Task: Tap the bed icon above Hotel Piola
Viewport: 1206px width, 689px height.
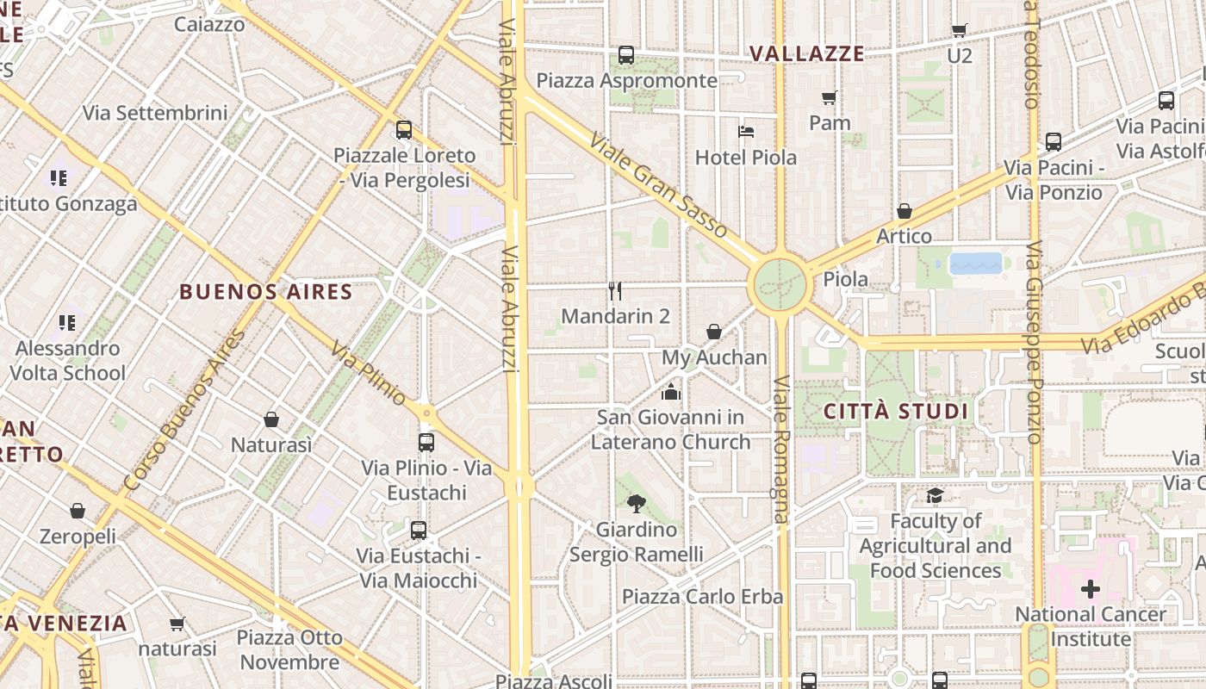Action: pos(746,132)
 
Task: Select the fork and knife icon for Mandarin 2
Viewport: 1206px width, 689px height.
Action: pos(615,291)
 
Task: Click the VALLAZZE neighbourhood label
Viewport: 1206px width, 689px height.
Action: pos(806,53)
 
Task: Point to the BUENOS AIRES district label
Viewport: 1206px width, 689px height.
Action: pos(266,292)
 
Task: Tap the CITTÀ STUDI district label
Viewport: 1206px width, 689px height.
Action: pos(897,411)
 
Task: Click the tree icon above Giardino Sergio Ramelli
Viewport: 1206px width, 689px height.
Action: pos(637,503)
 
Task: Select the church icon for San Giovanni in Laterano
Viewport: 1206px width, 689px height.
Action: pos(671,393)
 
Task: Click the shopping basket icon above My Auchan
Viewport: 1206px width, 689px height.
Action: pos(714,332)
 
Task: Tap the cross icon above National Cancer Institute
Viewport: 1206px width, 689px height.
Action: pos(1091,590)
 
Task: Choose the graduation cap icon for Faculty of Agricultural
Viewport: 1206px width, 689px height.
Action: pos(935,495)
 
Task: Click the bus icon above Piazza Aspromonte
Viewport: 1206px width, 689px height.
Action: pos(626,55)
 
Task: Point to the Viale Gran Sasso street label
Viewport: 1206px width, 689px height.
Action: pos(660,183)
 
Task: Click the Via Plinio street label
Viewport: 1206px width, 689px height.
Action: pos(368,373)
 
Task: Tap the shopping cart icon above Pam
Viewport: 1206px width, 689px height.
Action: pos(830,97)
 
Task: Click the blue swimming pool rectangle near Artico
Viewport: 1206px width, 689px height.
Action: pos(976,263)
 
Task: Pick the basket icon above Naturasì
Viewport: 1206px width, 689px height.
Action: pos(271,419)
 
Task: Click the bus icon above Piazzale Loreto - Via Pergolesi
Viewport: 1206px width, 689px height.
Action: pos(404,130)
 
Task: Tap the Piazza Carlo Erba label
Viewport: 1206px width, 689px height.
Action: pos(703,596)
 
